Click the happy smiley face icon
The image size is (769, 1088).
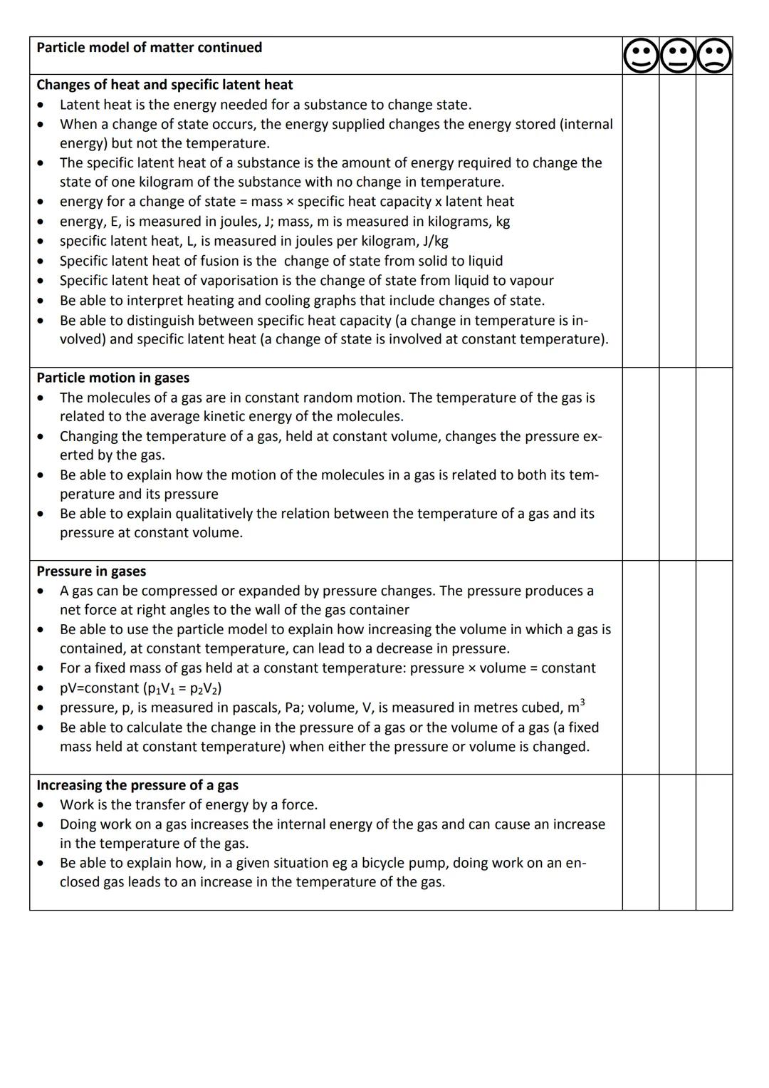[641, 56]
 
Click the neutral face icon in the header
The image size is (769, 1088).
[677, 56]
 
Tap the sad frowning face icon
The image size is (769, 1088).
[714, 56]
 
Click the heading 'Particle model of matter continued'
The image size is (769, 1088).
[149, 47]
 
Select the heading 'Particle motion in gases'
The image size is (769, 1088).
[113, 378]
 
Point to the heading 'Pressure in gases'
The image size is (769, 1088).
[91, 571]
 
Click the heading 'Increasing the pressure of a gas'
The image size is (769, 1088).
[137, 785]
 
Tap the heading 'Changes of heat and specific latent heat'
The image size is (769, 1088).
[164, 85]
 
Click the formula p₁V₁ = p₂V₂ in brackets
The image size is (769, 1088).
[184, 688]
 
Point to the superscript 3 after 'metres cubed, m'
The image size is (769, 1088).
[582, 703]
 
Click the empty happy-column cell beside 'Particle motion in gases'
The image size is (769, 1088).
[641, 464]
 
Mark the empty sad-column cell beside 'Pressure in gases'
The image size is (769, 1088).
[714, 668]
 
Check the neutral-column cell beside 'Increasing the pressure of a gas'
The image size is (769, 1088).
[677, 842]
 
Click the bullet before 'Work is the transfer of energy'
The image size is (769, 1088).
[42, 805]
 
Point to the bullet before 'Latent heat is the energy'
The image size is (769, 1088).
[42, 105]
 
